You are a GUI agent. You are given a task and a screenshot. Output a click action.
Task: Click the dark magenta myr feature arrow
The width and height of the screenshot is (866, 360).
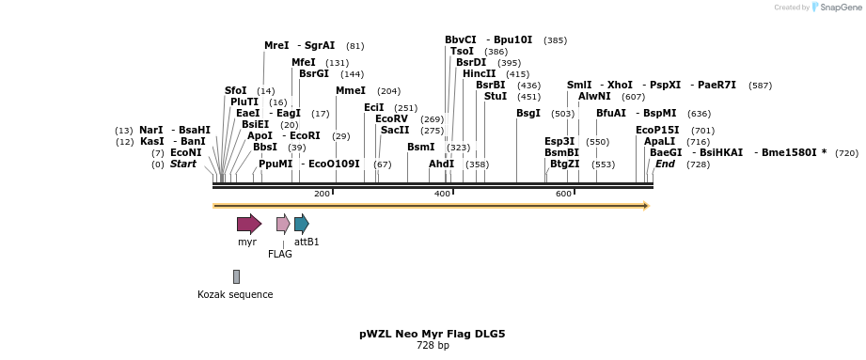click(248, 224)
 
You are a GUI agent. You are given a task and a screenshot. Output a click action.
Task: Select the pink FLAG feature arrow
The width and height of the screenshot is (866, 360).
click(283, 224)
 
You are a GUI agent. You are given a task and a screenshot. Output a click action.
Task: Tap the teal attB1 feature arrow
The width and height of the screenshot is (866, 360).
click(301, 224)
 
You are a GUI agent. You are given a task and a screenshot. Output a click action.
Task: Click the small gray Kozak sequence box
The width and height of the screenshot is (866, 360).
click(236, 276)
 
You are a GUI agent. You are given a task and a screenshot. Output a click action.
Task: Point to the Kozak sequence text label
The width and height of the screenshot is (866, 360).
click(235, 294)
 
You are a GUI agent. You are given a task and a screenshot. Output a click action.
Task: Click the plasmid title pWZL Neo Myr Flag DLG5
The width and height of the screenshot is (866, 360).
click(433, 334)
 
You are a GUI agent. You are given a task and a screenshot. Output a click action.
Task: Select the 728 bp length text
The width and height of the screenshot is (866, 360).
click(433, 345)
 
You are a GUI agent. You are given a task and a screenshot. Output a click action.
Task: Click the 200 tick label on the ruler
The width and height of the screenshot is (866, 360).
click(322, 194)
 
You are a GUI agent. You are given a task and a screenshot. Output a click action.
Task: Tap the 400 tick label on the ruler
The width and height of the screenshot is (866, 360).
click(442, 194)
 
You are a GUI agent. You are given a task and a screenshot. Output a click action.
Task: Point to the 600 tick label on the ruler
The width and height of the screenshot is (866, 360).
click(563, 194)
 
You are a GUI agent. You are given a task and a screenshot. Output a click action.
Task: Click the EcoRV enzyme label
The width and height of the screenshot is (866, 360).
click(391, 118)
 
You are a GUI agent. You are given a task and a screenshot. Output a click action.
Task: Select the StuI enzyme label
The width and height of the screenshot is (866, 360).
click(495, 96)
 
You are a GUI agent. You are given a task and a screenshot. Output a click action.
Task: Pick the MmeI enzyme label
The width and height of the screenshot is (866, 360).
click(350, 90)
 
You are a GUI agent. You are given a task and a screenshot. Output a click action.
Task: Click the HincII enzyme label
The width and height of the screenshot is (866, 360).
click(479, 73)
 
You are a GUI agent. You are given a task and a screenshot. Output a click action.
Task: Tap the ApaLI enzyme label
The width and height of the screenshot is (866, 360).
click(659, 141)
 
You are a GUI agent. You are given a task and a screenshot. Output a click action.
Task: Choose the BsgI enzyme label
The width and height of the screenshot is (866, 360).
click(528, 113)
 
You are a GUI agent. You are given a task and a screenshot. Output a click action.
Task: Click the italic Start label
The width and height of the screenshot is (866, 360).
click(182, 164)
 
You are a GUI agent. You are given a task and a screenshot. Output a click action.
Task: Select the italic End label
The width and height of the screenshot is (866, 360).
click(665, 164)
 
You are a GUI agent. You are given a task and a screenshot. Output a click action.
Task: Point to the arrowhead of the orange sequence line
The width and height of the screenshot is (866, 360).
click(646, 205)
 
